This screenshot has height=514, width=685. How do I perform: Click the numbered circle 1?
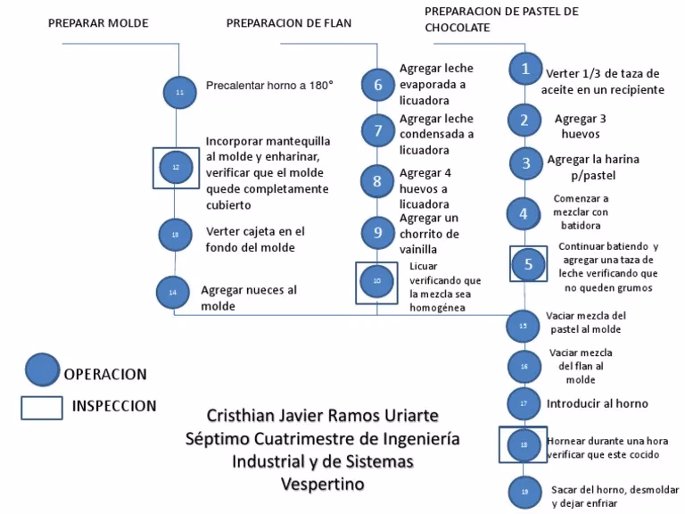point(525,69)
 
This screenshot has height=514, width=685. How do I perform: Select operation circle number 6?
point(377,85)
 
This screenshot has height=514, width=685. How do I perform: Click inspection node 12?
point(176,166)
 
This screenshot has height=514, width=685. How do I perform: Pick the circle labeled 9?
point(377,233)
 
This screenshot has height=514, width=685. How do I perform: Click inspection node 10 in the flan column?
point(376,281)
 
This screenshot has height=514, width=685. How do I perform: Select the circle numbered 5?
point(528,263)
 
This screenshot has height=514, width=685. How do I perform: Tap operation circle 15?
point(523,326)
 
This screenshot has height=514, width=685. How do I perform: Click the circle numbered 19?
point(524,492)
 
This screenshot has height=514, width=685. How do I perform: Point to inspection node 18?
point(524,444)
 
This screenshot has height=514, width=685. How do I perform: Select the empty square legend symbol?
point(40,406)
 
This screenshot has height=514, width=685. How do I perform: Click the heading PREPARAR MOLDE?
point(98,23)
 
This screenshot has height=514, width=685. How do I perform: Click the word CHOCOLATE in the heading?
point(457,28)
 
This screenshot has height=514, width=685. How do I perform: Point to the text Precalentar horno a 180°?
point(269,87)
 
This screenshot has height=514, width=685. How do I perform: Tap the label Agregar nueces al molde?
point(249,298)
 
